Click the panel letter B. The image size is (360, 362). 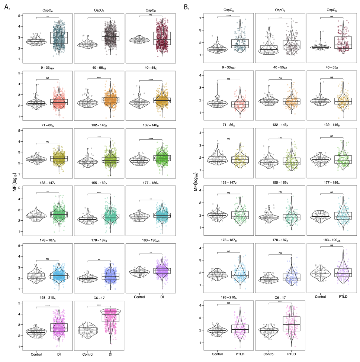186,7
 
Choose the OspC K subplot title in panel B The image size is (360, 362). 332,10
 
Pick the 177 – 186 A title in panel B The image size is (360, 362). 332,182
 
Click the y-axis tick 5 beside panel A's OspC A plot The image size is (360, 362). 19,16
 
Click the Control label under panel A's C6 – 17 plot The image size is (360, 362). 88,354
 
